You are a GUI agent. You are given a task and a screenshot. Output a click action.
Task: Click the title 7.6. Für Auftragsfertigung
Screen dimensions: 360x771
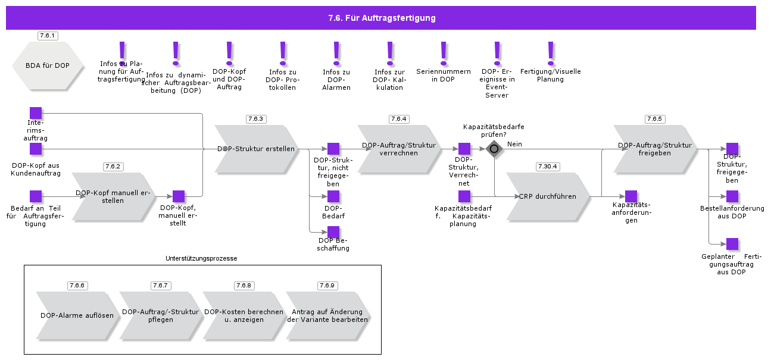click(x=382, y=18)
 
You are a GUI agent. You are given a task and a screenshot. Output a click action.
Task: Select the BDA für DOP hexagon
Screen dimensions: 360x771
click(x=48, y=65)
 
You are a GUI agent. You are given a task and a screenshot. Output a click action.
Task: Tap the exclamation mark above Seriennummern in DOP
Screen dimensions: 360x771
click(x=444, y=53)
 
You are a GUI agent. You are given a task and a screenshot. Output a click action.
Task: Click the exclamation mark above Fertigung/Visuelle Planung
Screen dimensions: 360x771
click(x=551, y=53)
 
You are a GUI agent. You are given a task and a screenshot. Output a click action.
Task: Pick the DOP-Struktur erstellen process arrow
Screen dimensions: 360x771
click(x=256, y=149)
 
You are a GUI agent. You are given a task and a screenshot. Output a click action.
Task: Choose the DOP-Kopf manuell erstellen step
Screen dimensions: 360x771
click(x=113, y=196)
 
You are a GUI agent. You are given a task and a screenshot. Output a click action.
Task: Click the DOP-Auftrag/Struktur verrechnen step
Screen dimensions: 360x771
click(x=399, y=149)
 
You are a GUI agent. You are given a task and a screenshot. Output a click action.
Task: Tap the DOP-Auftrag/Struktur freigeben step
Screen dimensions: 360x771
click(x=655, y=149)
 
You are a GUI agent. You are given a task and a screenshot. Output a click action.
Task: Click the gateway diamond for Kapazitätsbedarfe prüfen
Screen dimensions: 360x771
click(x=494, y=149)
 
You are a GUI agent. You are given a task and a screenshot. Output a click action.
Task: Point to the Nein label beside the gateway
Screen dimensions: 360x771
click(x=514, y=144)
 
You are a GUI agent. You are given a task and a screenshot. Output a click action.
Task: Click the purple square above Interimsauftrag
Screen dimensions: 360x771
click(x=36, y=113)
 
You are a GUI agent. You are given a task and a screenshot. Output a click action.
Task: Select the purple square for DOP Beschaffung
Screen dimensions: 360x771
click(x=333, y=232)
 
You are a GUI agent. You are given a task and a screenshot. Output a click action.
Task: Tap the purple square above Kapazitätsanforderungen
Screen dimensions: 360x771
click(x=631, y=196)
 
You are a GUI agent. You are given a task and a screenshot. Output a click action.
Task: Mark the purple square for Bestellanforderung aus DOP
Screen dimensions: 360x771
click(x=732, y=196)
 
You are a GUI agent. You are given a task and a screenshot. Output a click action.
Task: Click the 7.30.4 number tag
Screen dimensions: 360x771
click(x=548, y=167)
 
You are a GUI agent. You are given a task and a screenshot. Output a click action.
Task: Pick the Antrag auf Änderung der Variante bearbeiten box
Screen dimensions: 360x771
click(x=327, y=315)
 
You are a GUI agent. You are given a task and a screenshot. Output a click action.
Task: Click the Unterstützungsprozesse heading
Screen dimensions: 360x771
click(x=201, y=259)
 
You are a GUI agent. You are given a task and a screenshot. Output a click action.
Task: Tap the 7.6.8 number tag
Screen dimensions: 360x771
click(x=244, y=286)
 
